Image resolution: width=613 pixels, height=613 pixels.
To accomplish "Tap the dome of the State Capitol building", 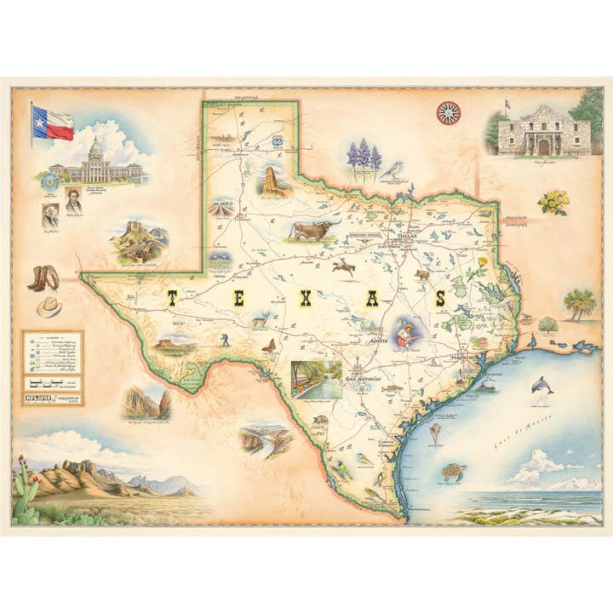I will point(95,147).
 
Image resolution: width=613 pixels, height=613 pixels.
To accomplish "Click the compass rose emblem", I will point(448,112).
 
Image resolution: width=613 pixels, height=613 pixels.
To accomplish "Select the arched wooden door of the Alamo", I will point(543,147).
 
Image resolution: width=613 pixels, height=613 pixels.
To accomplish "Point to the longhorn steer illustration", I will point(312,230).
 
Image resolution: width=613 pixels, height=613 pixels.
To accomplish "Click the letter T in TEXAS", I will point(171,298).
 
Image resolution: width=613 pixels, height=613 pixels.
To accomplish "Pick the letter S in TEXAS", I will point(440,298).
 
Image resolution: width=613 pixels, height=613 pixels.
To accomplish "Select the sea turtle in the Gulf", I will point(452,470).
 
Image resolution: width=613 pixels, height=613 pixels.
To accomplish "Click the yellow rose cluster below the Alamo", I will point(553,202).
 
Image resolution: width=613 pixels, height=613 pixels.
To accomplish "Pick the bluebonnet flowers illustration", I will point(364,158).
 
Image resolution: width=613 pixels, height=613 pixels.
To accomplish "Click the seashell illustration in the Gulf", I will point(436,433).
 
